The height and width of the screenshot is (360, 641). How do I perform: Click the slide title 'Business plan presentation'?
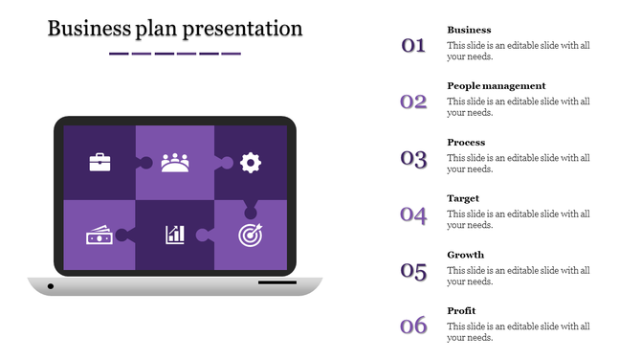coord(175,29)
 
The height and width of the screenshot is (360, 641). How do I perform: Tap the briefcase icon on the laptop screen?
coord(99,162)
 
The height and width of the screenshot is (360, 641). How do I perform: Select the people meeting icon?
coord(175,162)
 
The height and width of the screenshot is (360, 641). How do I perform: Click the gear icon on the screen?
coord(251,162)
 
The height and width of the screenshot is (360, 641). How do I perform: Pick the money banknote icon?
coord(99,235)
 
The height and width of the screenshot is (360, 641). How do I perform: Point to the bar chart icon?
coord(175,235)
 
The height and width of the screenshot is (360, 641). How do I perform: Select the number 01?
coord(413,45)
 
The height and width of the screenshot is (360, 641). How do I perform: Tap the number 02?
coord(413,101)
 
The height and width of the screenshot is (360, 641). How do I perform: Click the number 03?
coord(413,158)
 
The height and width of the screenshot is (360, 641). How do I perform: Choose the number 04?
coord(413,214)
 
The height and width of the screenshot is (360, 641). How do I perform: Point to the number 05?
coord(413,271)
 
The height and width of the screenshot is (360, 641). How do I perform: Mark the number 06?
coord(413,326)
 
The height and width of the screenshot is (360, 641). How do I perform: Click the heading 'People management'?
coord(497,86)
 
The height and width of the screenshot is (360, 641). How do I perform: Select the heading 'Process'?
coord(466,143)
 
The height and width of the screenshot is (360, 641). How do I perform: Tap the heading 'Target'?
coord(463,198)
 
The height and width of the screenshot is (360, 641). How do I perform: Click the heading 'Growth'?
coord(465,255)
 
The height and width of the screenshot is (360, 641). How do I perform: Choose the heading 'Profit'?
coord(461,311)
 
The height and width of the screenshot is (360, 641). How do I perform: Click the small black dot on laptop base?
coord(51,285)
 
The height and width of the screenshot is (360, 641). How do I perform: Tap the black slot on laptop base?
coord(276,282)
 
